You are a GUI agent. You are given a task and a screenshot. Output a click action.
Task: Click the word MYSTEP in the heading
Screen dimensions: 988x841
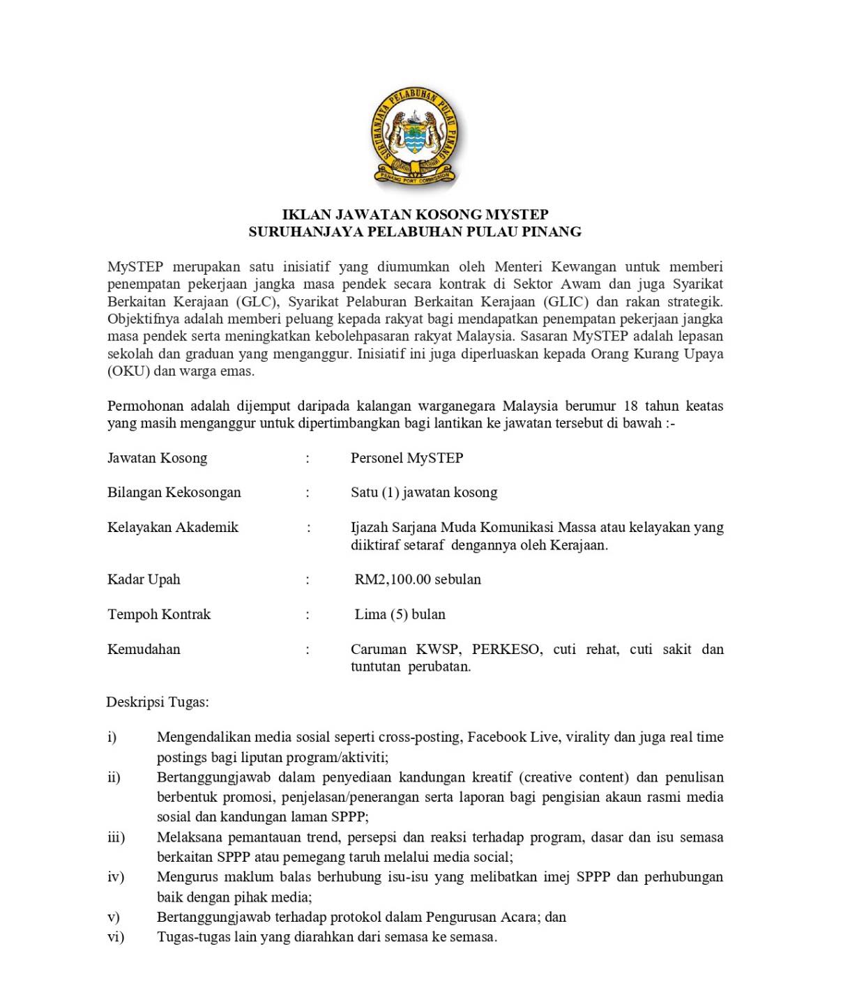(x=517, y=214)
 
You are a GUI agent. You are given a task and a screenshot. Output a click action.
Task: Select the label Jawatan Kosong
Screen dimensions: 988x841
(x=157, y=458)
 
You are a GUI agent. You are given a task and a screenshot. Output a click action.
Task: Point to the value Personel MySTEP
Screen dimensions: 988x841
(x=407, y=458)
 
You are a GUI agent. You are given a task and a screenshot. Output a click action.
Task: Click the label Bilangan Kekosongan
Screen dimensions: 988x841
(x=174, y=492)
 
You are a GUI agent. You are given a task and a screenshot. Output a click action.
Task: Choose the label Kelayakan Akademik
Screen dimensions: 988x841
(x=172, y=527)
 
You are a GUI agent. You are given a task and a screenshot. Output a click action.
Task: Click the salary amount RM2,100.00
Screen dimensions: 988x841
(x=393, y=579)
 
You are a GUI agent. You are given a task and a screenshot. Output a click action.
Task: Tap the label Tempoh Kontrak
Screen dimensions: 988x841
(x=159, y=614)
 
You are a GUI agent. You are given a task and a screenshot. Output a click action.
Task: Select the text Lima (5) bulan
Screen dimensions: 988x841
(x=400, y=614)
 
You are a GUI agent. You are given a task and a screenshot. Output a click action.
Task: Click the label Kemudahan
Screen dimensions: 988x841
(x=144, y=649)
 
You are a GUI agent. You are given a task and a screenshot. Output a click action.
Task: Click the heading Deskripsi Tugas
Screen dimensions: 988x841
(x=157, y=701)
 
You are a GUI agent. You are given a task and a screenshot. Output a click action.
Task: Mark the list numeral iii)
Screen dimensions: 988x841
(x=116, y=837)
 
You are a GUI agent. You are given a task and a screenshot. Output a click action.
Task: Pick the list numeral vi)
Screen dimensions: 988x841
(x=116, y=936)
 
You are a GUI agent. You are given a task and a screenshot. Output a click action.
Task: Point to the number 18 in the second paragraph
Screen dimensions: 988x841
(x=630, y=406)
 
